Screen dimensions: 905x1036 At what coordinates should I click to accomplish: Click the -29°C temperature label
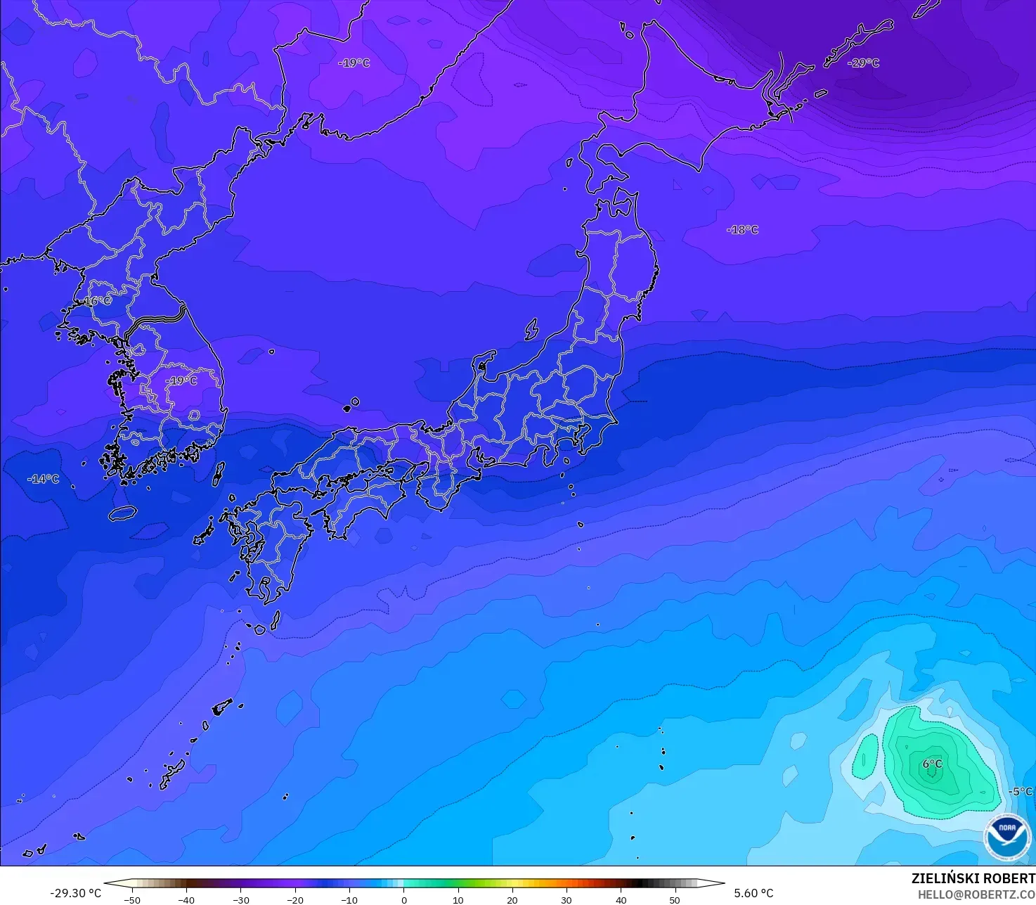(x=864, y=63)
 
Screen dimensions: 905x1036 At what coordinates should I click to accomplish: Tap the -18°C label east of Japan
(x=743, y=230)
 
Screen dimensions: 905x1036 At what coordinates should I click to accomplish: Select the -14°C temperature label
(x=44, y=479)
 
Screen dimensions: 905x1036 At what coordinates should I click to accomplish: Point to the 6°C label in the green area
(x=932, y=764)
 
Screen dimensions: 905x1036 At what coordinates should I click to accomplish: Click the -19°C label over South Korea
(x=182, y=380)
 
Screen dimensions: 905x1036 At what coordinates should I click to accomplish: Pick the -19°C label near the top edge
(x=354, y=63)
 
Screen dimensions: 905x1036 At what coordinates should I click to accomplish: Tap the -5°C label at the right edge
(x=1021, y=791)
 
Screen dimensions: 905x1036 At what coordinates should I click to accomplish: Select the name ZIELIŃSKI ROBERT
(x=973, y=879)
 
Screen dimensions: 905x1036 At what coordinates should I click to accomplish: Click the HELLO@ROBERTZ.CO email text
(x=976, y=894)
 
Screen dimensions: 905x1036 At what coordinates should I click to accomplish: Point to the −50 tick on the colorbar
(x=132, y=899)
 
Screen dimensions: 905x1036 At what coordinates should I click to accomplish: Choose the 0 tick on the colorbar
(x=404, y=899)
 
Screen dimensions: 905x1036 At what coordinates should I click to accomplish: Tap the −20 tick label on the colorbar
(x=295, y=899)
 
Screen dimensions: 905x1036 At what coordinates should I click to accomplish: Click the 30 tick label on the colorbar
(x=566, y=899)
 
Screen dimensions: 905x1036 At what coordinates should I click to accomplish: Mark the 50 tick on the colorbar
(x=675, y=899)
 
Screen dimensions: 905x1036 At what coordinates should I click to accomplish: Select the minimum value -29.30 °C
(x=76, y=893)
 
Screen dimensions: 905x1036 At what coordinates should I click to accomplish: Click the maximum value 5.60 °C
(x=753, y=893)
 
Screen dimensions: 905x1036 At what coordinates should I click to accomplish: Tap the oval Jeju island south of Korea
(x=122, y=513)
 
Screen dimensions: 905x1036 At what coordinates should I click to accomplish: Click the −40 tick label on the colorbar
(x=186, y=899)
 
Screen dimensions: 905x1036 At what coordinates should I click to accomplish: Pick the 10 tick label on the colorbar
(x=458, y=899)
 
